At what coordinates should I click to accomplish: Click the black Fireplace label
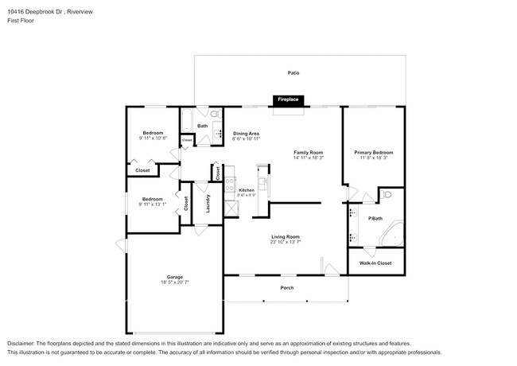click(288, 99)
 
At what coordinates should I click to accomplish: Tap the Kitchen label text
click(247, 190)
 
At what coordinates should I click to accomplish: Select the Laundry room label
click(208, 204)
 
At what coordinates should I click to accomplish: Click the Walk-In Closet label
click(375, 262)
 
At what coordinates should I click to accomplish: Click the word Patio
click(293, 72)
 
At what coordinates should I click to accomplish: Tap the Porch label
click(286, 288)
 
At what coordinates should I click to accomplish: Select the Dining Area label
click(246, 133)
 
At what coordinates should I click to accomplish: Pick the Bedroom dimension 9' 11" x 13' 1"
click(153, 204)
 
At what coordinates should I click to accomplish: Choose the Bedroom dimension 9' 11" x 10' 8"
click(153, 138)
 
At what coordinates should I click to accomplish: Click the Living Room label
click(285, 236)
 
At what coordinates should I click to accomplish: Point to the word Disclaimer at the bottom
click(23, 341)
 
